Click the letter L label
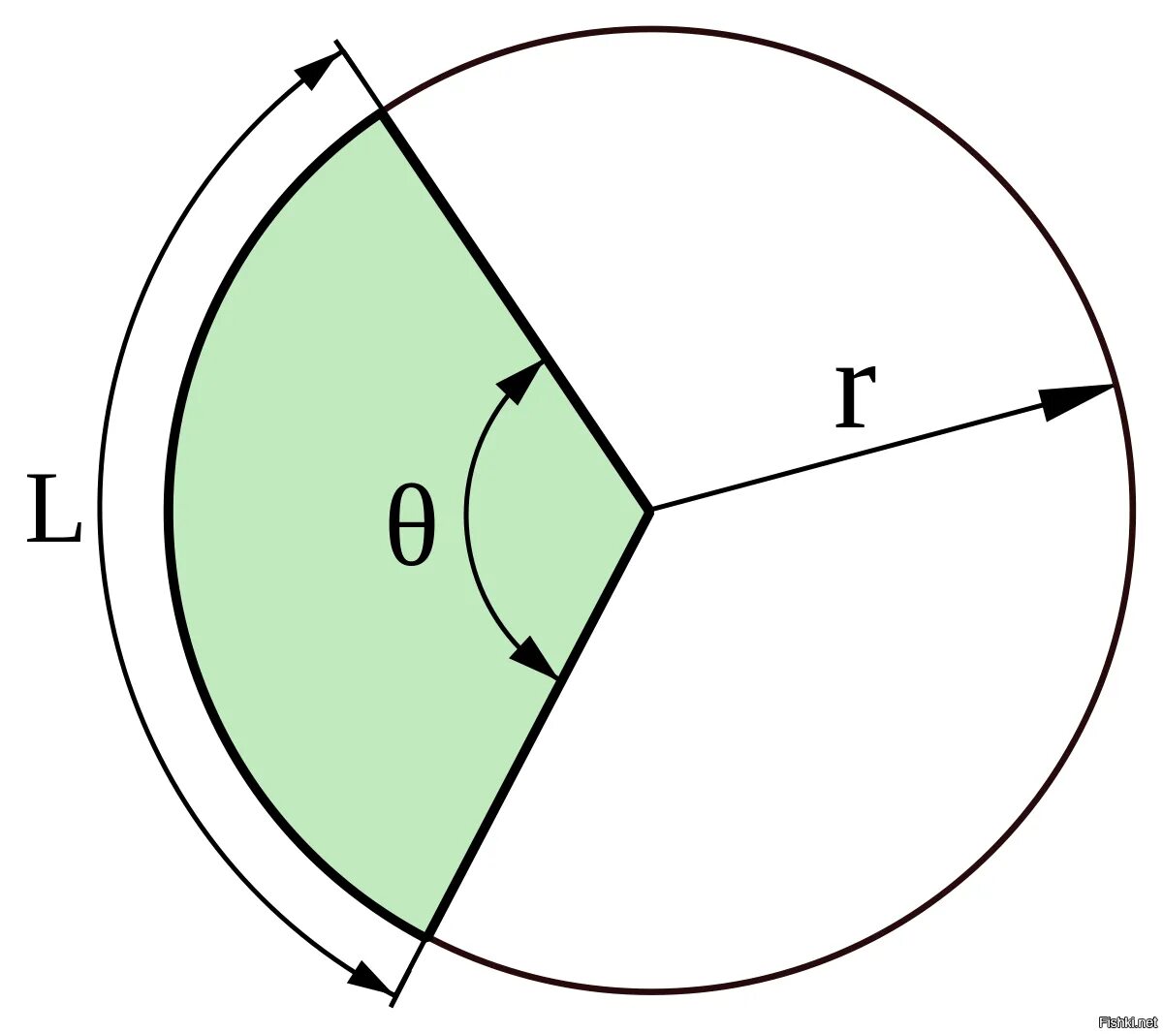pos(53,509)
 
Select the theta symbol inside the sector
pos(411,525)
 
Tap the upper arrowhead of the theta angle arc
pos(521,380)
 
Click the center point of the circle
pos(649,510)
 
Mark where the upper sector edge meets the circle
pos(382,113)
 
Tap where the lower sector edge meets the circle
pos(425,936)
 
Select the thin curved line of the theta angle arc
pos(467,514)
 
